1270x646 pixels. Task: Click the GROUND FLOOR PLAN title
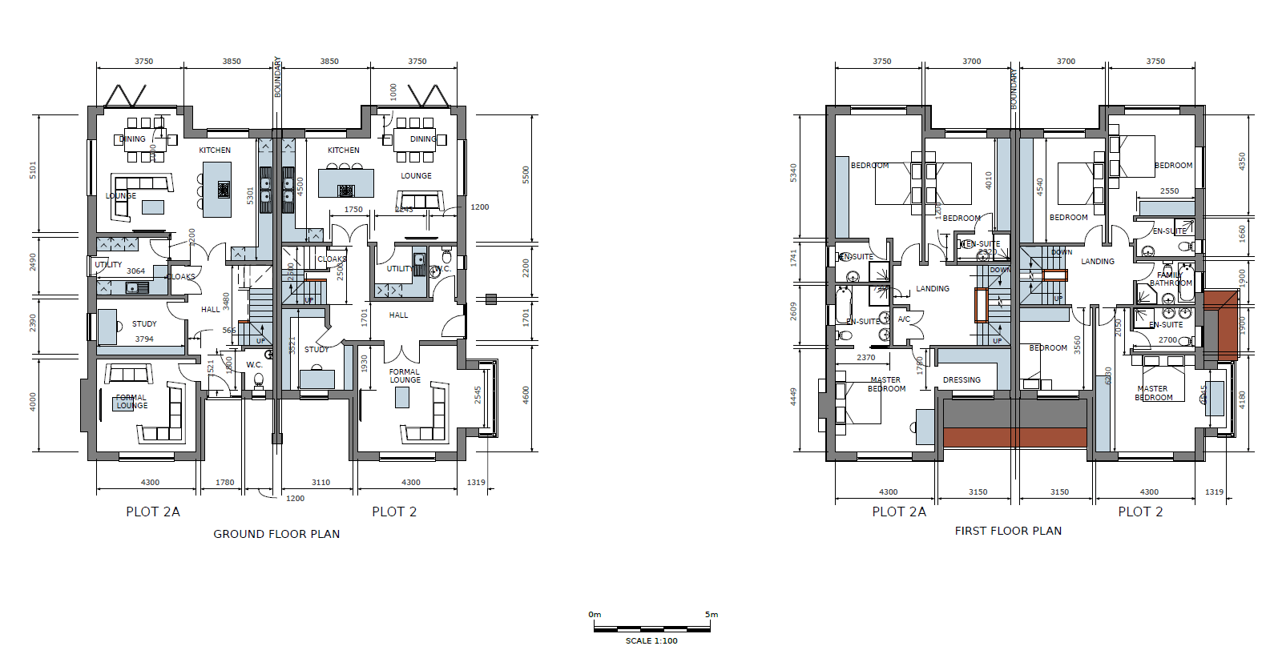(x=276, y=534)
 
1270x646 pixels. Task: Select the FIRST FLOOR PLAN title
(x=1008, y=531)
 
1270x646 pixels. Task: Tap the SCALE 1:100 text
(x=651, y=640)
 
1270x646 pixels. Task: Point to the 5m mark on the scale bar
(x=712, y=615)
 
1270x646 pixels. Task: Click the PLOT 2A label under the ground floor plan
(x=152, y=512)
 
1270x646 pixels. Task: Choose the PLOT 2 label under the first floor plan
(x=1140, y=512)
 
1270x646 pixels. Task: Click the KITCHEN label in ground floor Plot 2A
(x=215, y=150)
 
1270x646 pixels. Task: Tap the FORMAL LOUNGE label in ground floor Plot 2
(x=405, y=375)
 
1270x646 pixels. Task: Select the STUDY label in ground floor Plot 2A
(x=144, y=324)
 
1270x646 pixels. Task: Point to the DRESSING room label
(x=962, y=380)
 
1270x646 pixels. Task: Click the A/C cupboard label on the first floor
(x=904, y=319)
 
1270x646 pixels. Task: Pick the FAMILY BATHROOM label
(x=1171, y=279)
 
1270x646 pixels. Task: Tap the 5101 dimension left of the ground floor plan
(x=33, y=170)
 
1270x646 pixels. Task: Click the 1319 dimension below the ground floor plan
(x=476, y=483)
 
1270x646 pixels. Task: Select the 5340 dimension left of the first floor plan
(x=793, y=172)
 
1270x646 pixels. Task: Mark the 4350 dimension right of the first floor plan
(x=1242, y=161)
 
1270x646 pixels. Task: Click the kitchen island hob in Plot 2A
(x=224, y=190)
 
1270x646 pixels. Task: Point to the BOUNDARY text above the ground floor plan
(x=278, y=77)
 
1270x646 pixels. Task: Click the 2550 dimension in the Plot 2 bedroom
(x=1169, y=191)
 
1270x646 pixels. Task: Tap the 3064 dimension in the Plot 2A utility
(x=135, y=271)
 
